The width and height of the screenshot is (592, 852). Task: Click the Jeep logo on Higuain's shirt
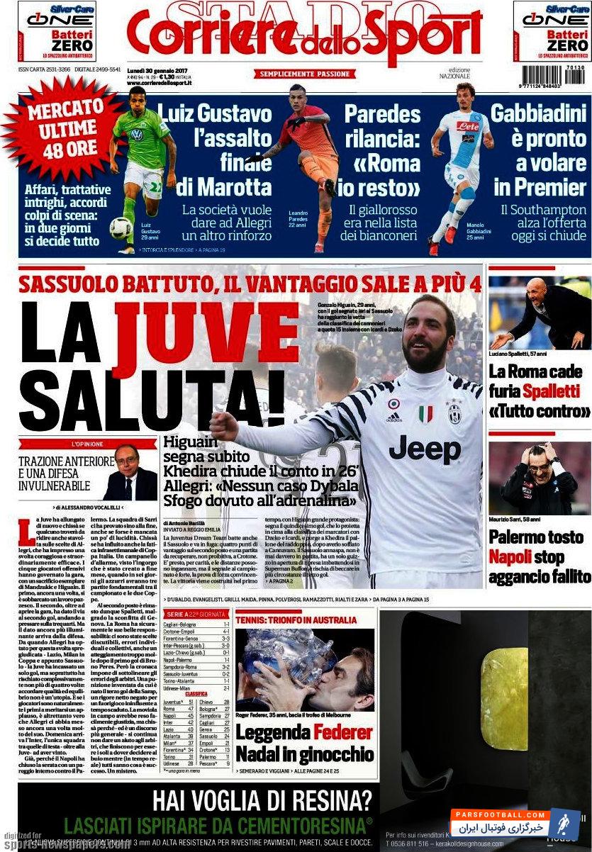(424, 449)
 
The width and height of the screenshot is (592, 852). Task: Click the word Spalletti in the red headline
(557, 391)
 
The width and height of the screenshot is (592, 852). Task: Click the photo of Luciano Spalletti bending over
(539, 312)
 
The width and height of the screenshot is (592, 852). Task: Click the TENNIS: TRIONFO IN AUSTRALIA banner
(296, 620)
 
